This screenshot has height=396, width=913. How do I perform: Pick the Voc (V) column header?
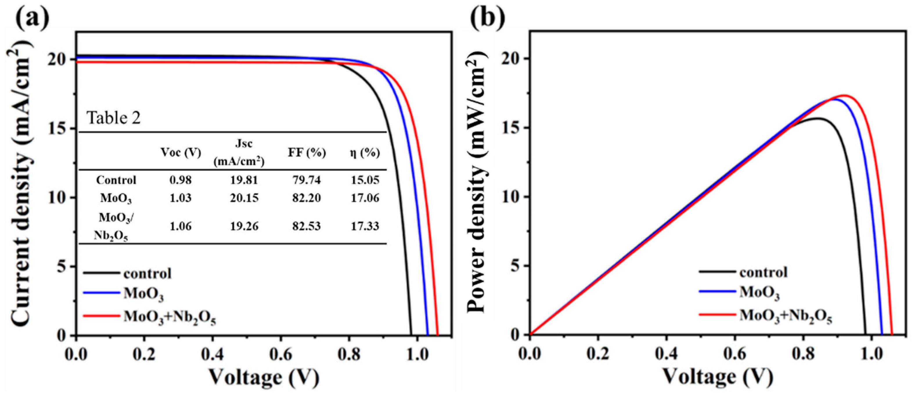click(x=181, y=153)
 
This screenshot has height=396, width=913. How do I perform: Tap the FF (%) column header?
click(x=307, y=153)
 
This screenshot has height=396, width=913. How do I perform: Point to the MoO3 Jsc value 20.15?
click(x=244, y=198)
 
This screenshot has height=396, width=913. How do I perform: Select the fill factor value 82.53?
click(x=306, y=226)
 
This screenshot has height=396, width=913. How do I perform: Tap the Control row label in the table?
click(x=116, y=180)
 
